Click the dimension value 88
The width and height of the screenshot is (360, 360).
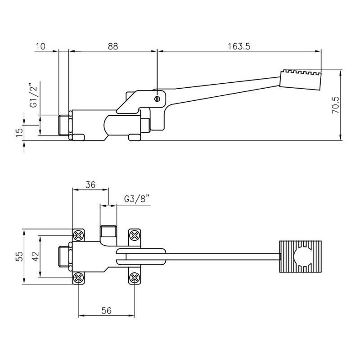113,46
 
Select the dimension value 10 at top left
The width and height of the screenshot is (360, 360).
40,46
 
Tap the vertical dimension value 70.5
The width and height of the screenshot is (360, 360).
335,105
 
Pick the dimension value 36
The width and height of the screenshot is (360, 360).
90,184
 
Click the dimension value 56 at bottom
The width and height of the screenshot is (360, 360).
107,310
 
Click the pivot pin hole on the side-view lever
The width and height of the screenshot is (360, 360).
157,99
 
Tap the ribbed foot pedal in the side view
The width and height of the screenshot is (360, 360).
300,79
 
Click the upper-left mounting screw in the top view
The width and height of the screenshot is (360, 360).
79,235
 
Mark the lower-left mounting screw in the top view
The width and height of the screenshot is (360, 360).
79,278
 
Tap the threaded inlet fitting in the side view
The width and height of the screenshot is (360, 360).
66,125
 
